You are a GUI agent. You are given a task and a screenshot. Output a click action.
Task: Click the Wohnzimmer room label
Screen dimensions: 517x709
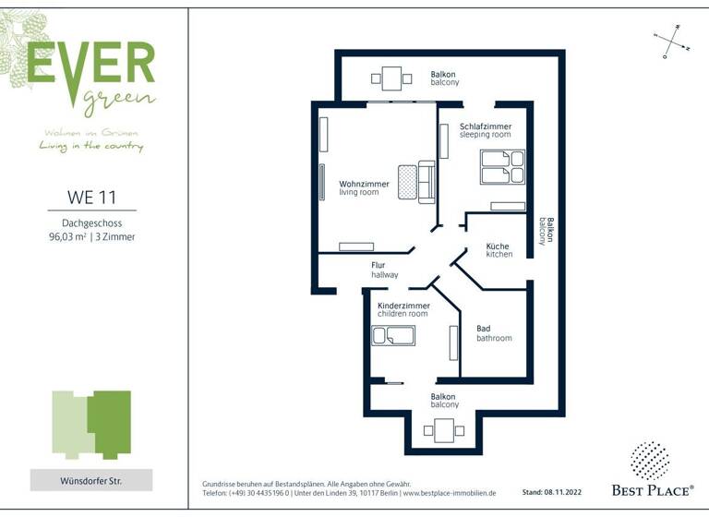(x=364, y=187)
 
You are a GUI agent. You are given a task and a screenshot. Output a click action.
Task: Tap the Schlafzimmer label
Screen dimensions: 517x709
(x=486, y=130)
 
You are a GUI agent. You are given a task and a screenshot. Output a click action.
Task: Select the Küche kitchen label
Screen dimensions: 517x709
(x=499, y=250)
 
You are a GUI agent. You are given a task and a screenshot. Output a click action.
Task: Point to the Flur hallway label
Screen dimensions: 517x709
(x=385, y=271)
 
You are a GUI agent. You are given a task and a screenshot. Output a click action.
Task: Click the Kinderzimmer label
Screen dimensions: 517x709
(x=403, y=309)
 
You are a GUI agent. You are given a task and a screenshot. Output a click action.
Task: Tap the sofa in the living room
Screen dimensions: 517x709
(x=426, y=182)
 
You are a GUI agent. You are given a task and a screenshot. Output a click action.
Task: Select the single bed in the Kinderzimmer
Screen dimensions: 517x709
(x=393, y=335)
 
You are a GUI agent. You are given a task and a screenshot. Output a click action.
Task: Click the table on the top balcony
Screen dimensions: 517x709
(x=393, y=78)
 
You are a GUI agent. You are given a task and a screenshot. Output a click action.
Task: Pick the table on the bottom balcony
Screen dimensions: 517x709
(x=444, y=430)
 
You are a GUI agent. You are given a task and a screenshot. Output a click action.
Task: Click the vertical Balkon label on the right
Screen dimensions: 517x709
(x=549, y=231)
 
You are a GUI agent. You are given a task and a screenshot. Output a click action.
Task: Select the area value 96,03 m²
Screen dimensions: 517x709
(x=67, y=237)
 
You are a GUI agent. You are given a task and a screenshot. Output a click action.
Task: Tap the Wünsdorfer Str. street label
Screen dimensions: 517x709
(x=91, y=480)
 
